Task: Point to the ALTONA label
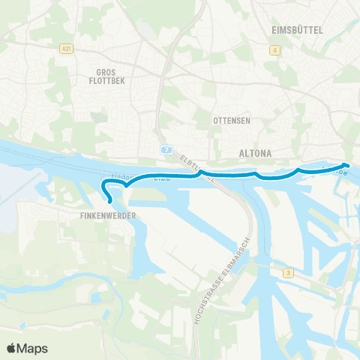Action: pyautogui.click(x=254, y=153)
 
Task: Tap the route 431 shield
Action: pyautogui.click(x=68, y=47)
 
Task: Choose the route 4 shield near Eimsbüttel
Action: pyautogui.click(x=275, y=50)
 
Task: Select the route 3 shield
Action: pyautogui.click(x=287, y=274)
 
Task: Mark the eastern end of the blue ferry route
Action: pyautogui.click(x=346, y=166)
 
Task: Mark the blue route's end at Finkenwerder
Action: pyautogui.click(x=110, y=201)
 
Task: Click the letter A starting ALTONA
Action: pyautogui.click(x=240, y=153)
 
